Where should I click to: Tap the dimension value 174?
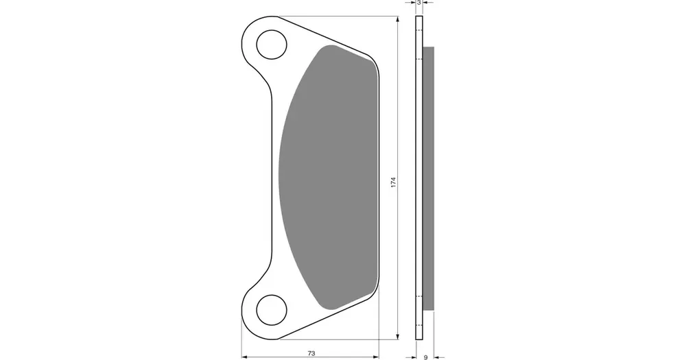[x=393, y=182]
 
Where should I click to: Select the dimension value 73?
[x=311, y=353]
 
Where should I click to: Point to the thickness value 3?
[x=418, y=3]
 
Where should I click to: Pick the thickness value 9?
[x=426, y=357]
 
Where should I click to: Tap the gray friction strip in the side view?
[x=429, y=178]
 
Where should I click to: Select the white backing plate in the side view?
[x=418, y=178]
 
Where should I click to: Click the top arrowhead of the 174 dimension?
[x=397, y=19]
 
